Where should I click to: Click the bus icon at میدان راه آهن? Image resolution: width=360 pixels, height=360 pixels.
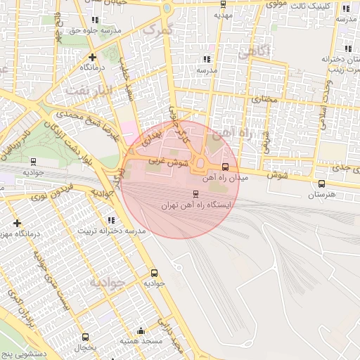tap(225, 167)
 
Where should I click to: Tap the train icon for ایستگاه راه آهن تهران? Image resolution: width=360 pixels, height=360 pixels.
tap(195, 193)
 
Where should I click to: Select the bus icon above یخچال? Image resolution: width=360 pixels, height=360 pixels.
tap(85, 337)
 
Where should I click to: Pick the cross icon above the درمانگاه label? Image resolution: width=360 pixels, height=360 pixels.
tap(92, 57)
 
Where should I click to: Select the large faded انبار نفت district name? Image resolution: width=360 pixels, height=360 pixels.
tap(89, 91)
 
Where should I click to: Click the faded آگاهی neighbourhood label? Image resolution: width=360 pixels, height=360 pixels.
tap(252, 51)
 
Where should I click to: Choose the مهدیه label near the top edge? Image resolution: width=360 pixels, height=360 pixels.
tap(222, 14)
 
